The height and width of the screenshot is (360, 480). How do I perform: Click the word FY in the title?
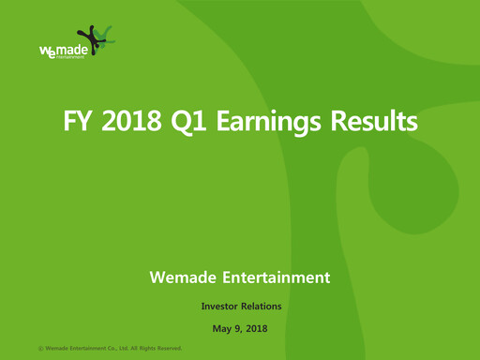pyautogui.click(x=77, y=122)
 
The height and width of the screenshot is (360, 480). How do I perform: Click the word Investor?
pyautogui.click(x=221, y=306)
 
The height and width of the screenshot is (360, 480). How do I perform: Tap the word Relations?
pyautogui.click(x=263, y=306)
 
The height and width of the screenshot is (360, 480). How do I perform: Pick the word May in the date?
pyautogui.click(x=222, y=328)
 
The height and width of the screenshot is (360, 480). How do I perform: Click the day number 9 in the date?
pyautogui.click(x=238, y=328)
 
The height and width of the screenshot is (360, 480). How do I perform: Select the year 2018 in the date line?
pyautogui.click(x=257, y=328)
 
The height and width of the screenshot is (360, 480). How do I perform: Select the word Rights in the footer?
pyautogui.click(x=145, y=348)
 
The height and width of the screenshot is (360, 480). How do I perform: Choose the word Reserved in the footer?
pyautogui.click(x=167, y=348)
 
